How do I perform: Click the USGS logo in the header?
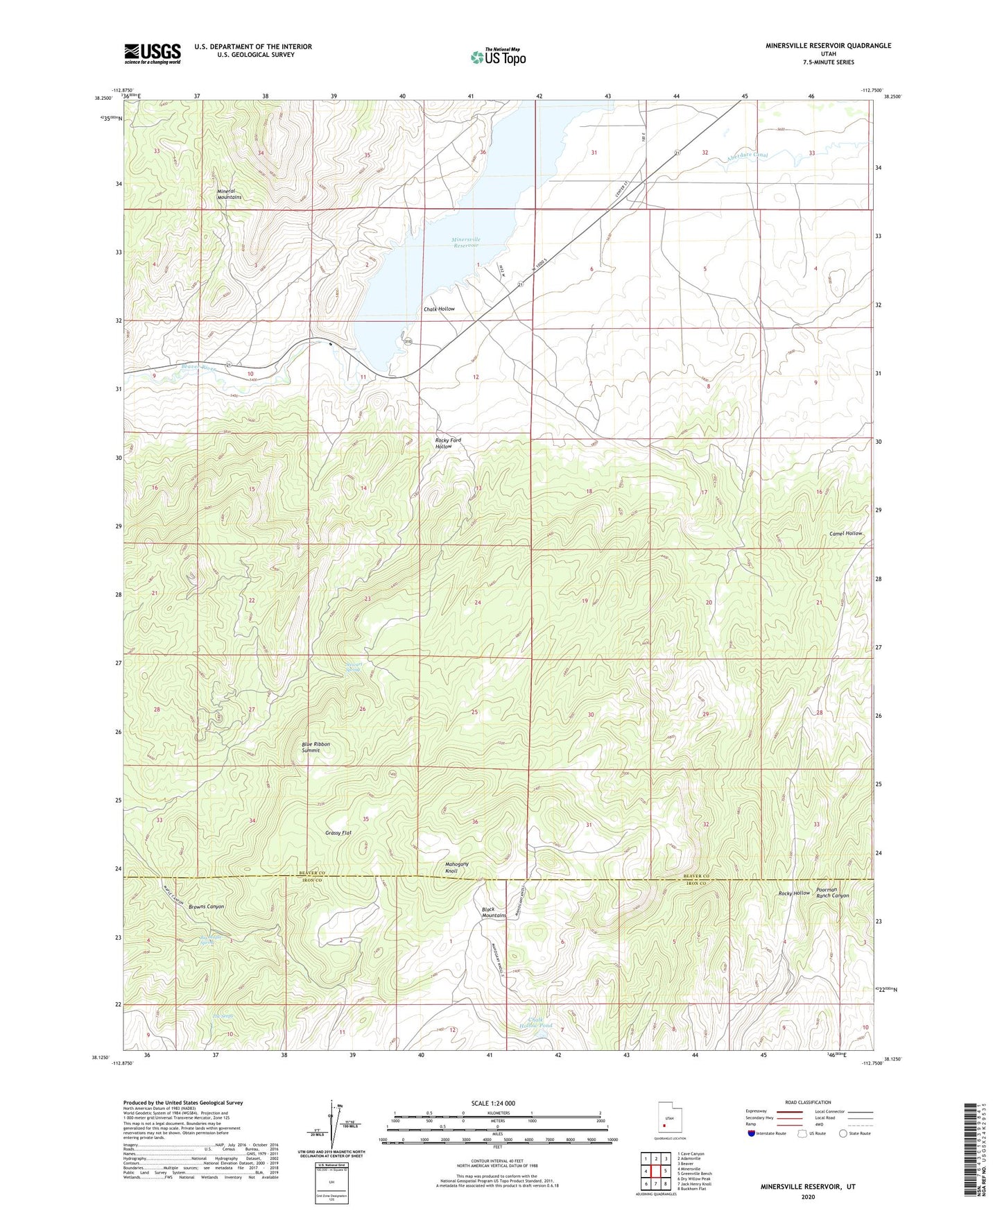(x=153, y=53)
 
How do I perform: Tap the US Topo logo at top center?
(x=498, y=57)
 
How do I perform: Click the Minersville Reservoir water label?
(x=466, y=242)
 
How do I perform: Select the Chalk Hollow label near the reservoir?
(x=439, y=309)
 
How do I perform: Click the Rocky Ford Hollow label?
(x=448, y=443)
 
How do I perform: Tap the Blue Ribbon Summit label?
(x=316, y=747)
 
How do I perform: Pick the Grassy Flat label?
(x=338, y=832)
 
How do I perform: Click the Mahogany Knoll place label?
(x=456, y=867)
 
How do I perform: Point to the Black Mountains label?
(x=494, y=912)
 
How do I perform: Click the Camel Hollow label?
(x=846, y=533)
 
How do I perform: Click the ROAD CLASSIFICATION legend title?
(x=808, y=1102)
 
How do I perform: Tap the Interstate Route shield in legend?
(x=752, y=1133)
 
